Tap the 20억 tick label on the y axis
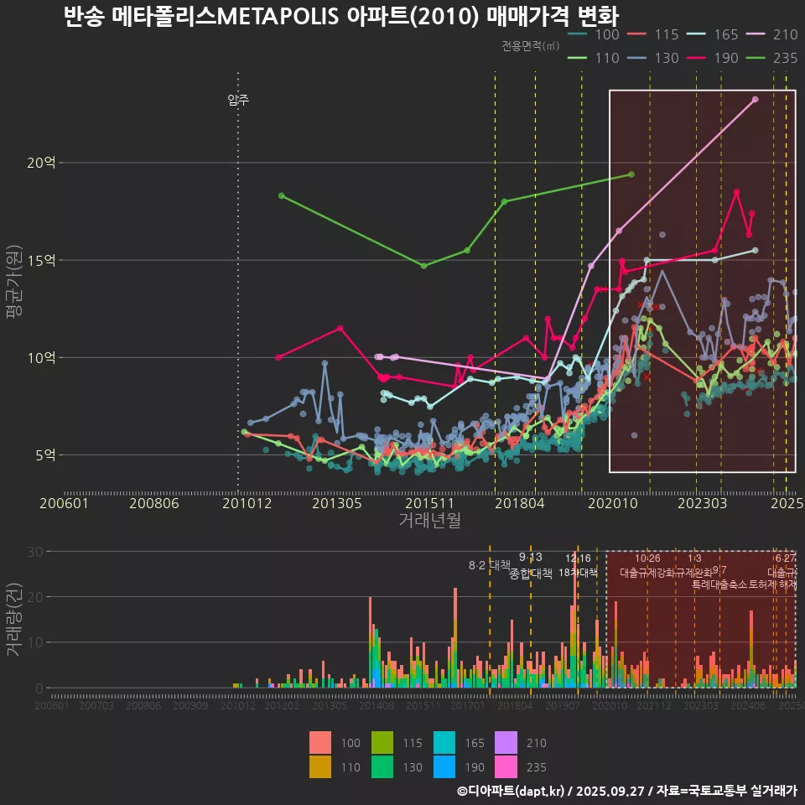(40, 163)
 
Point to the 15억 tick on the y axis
(40, 260)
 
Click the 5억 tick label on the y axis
(44, 455)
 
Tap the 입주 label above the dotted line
(238, 101)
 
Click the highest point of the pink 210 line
(756, 99)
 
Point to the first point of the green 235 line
(281, 195)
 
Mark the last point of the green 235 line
(631, 174)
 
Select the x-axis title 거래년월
(429, 521)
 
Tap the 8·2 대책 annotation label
(490, 564)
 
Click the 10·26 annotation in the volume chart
(647, 558)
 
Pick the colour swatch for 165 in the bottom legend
(445, 743)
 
